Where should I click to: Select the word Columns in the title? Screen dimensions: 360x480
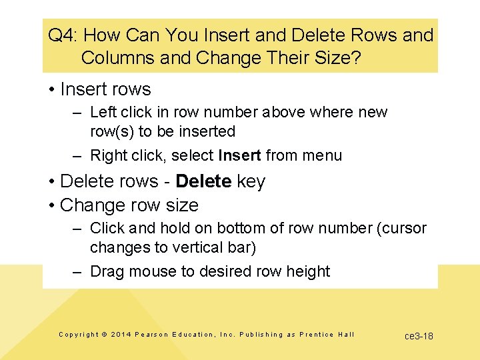click(118, 58)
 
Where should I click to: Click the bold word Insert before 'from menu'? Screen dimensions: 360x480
click(239, 156)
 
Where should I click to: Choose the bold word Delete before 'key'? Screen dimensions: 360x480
click(203, 181)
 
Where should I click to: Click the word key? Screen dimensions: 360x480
click(251, 181)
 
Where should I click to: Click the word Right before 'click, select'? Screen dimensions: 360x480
click(108, 156)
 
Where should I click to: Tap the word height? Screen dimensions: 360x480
click(310, 271)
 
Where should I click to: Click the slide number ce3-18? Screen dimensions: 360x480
click(419, 336)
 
